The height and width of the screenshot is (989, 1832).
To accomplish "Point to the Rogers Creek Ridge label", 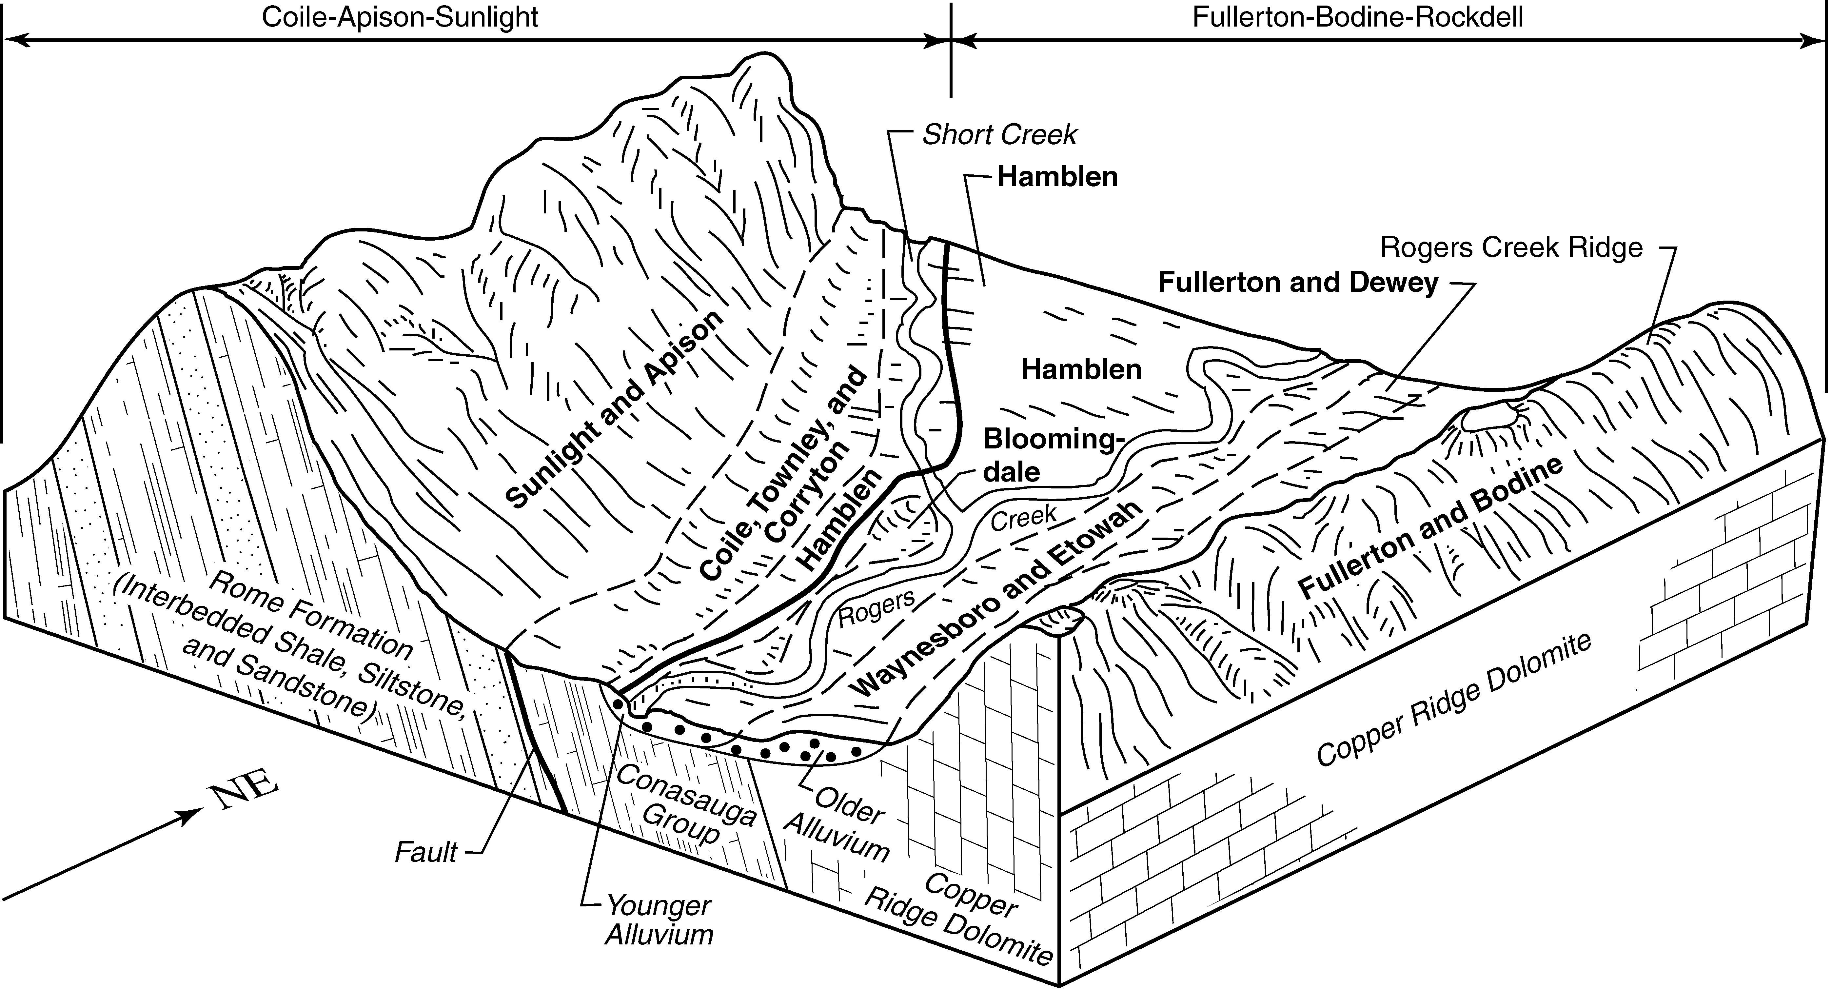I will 1511,247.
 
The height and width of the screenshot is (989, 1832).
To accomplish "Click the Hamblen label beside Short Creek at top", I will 1057,176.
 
